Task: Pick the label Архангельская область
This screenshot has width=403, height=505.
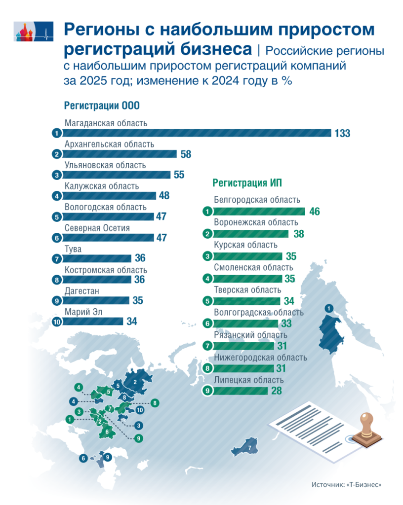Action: coord(109,144)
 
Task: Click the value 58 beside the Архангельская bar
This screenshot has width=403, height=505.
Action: coord(186,154)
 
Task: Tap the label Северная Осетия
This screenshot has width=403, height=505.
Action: coord(97,228)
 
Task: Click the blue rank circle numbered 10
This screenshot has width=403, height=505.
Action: coord(57,322)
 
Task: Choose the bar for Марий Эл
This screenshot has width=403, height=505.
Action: coord(93,322)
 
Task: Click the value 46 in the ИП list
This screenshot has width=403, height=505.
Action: coord(315,212)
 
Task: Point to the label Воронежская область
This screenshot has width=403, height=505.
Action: coord(256,222)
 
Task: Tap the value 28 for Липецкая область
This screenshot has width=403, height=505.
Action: coord(276,391)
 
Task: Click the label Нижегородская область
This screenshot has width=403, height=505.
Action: coord(260,357)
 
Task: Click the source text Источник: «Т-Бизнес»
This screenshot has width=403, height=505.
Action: coord(347,485)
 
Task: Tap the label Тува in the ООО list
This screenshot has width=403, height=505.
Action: coord(73,249)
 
